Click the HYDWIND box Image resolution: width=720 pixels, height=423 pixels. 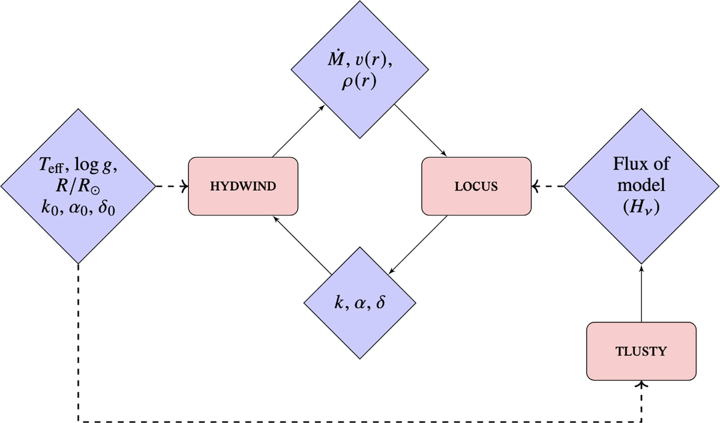[x=243, y=186]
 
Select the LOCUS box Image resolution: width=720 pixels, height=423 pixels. [x=476, y=186]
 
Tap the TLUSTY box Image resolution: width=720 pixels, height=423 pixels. [x=641, y=351]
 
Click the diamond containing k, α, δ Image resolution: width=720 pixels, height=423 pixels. [x=360, y=302]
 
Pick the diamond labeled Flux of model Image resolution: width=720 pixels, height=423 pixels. [x=641, y=186]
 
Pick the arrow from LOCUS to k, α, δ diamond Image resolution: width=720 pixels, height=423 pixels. [x=419, y=242]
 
